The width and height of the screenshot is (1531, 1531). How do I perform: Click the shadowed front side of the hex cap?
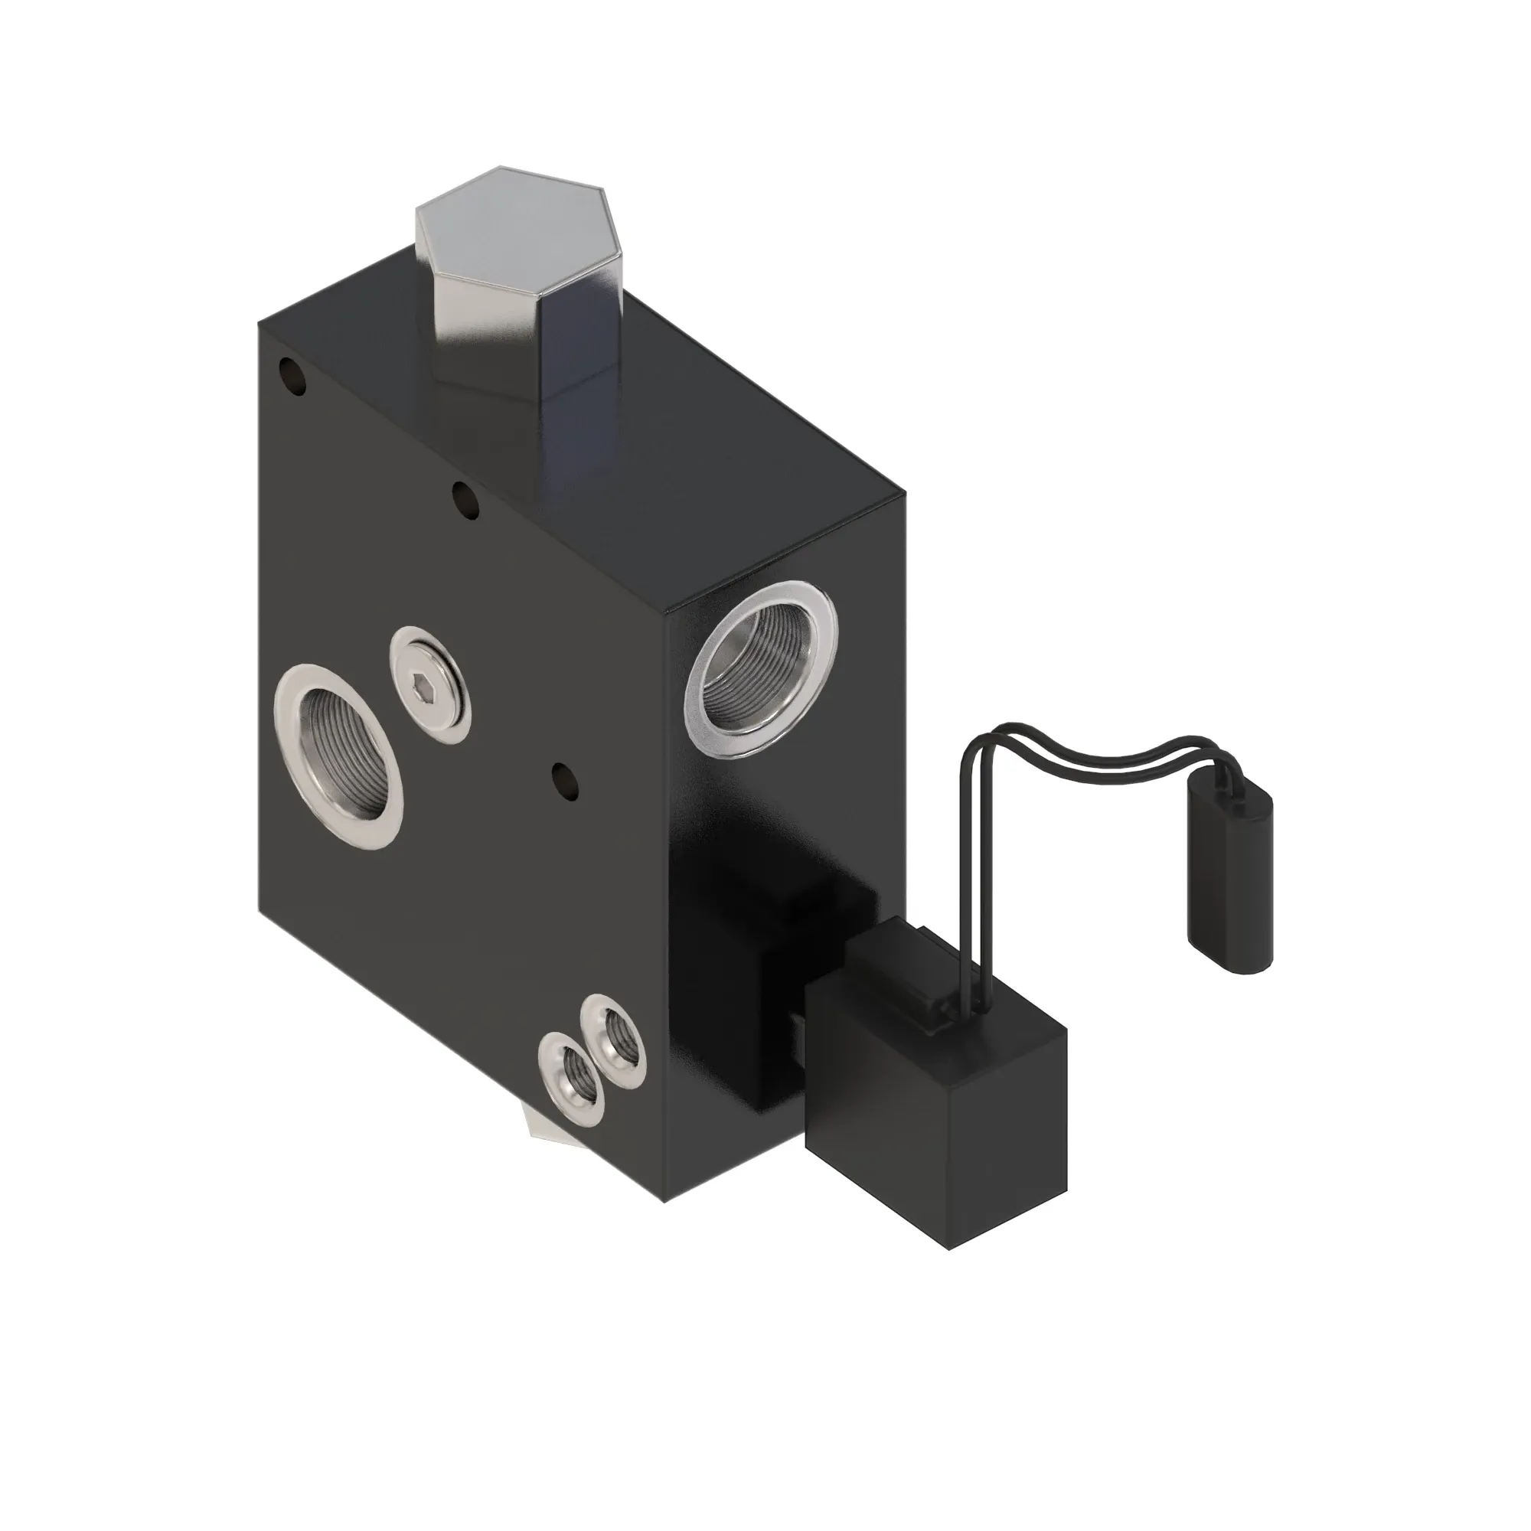491,333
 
